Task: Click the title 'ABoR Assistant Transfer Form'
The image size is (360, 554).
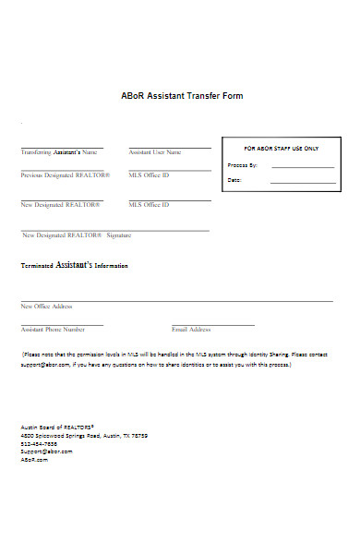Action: [x=182, y=96]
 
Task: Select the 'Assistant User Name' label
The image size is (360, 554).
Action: [x=154, y=151]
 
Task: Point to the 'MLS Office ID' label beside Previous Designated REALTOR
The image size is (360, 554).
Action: [x=149, y=175]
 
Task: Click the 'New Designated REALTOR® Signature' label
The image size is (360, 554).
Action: [x=77, y=235]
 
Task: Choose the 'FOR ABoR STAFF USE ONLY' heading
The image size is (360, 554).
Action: [x=281, y=148]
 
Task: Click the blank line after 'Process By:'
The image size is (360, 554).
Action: [x=302, y=166]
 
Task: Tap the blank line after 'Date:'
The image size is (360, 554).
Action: [x=302, y=181]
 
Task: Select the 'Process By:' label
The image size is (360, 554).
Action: [x=242, y=165]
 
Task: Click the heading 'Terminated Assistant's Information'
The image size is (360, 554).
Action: [x=75, y=265]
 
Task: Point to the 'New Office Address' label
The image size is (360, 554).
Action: [x=46, y=306]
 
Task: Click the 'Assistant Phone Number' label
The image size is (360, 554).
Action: [x=53, y=329]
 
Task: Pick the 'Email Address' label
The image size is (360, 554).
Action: [x=191, y=329]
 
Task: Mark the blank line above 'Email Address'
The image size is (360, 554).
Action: [x=212, y=324]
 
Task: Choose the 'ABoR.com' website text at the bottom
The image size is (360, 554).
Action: [x=33, y=459]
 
